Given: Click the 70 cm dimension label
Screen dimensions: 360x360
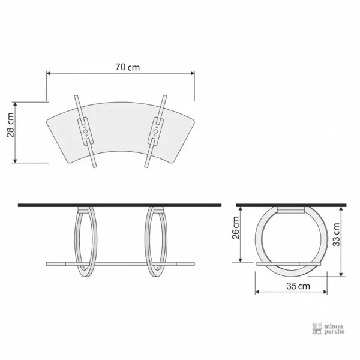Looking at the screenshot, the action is pyautogui.click(x=127, y=67).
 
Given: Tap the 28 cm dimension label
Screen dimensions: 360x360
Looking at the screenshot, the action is pyautogui.click(x=11, y=125).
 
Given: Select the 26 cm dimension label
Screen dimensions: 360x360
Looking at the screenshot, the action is pyautogui.click(x=236, y=228).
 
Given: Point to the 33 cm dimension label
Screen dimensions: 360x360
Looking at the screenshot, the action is pyautogui.click(x=337, y=235).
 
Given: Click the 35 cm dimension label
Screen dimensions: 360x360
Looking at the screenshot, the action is pyautogui.click(x=298, y=286).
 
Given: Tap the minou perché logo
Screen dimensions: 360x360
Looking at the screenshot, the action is pyautogui.click(x=328, y=329).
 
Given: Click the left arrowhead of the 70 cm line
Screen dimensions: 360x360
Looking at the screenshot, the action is pyautogui.click(x=49, y=73).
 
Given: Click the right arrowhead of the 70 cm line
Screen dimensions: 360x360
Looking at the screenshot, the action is pyautogui.click(x=193, y=73).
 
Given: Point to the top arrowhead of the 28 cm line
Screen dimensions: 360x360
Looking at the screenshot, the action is pyautogui.click(x=15, y=104).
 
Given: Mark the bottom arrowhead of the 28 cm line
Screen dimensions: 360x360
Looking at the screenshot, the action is pyautogui.click(x=15, y=161).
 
